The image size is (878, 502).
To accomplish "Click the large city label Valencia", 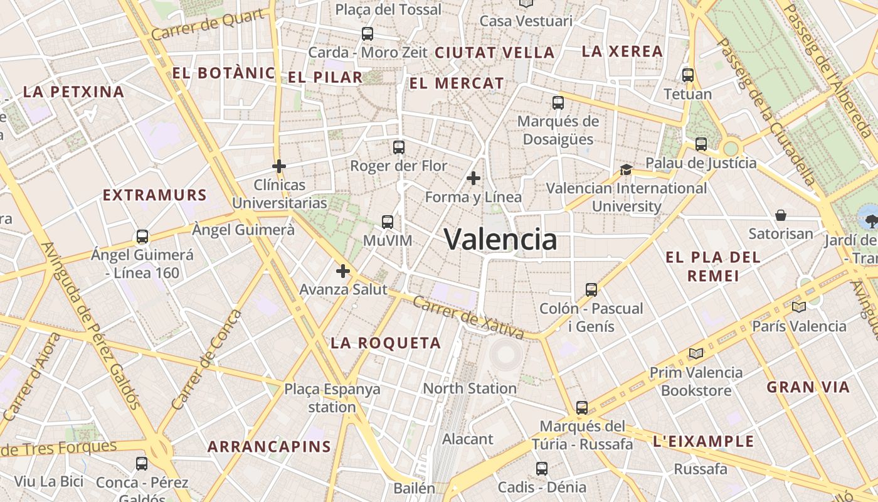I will tap(500, 239).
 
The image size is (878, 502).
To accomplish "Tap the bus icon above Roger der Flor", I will tap(399, 147).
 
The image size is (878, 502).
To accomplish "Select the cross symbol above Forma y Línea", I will tap(473, 179).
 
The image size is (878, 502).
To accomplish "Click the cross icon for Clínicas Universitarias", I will tap(279, 166).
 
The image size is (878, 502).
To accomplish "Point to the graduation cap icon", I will tap(626, 169).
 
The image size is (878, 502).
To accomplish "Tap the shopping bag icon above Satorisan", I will tap(781, 215).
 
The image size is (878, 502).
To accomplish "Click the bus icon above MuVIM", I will tap(388, 222).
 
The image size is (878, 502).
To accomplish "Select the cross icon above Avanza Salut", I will tap(342, 271).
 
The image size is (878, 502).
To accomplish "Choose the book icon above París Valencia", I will tap(798, 307).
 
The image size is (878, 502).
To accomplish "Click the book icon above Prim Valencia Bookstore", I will tap(696, 353).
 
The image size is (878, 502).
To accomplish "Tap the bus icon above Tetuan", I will tap(688, 75).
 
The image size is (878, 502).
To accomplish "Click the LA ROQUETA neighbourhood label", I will tap(386, 343).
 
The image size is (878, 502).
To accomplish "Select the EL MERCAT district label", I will tap(457, 83).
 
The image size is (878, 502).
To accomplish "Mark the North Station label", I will tap(470, 388).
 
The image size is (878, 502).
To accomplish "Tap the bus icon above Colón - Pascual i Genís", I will tap(591, 289).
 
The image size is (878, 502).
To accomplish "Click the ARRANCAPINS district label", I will tap(269, 447).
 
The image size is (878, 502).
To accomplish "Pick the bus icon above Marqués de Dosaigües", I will tap(558, 102).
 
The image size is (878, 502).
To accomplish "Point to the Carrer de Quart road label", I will tap(208, 25).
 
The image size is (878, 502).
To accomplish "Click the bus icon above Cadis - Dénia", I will tap(542, 468).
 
